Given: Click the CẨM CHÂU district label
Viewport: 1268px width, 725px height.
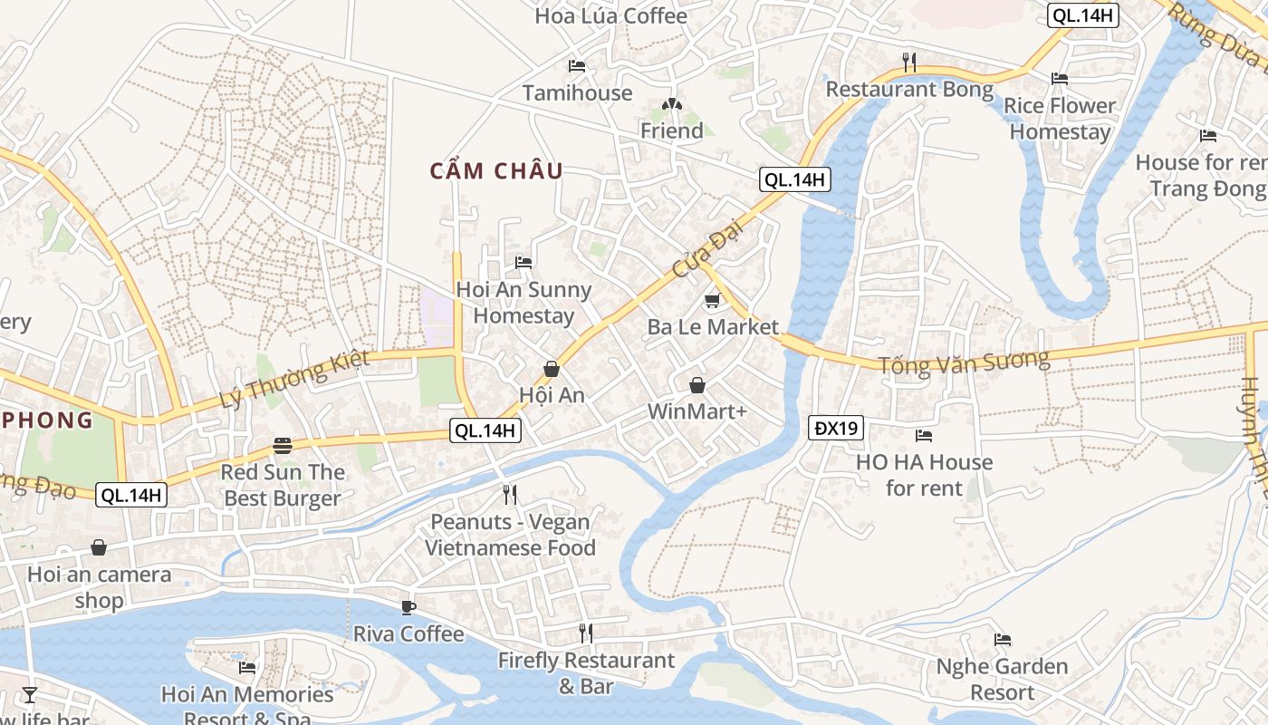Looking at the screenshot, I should pos(496,170).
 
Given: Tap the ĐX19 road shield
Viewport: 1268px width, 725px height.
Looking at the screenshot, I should pos(836,428).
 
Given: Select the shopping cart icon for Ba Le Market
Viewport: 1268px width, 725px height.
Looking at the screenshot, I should pos(712,301).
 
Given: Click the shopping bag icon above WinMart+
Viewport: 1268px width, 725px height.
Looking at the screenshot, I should pos(697,385).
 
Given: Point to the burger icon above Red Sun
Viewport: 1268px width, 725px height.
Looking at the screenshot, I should pos(283,446).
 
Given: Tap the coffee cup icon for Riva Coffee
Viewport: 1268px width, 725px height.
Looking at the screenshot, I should pos(408,607).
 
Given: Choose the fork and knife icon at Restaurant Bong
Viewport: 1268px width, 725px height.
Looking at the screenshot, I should pos(909,63).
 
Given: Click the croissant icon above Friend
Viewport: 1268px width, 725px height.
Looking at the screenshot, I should pos(671,105).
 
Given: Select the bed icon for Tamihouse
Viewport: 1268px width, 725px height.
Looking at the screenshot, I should pos(577,66).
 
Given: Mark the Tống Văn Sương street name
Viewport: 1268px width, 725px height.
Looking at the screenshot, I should pos(964,362).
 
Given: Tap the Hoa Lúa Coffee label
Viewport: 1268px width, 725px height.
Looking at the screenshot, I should pos(610,15).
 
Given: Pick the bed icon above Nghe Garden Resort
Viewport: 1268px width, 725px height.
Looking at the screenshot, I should pos(1002,640).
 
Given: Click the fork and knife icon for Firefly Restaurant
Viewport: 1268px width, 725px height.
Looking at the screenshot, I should pos(586,633).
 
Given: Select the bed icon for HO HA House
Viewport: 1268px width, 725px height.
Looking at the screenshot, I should pos(924,436).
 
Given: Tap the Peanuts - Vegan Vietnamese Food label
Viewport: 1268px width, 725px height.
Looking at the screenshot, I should pos(510,535).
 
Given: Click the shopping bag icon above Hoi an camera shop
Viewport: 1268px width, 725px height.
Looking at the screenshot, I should pos(99,547).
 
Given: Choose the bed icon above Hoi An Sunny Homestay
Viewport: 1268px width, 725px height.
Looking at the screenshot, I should pos(524,263).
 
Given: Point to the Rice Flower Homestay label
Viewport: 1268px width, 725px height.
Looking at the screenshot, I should pos(1060,119).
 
